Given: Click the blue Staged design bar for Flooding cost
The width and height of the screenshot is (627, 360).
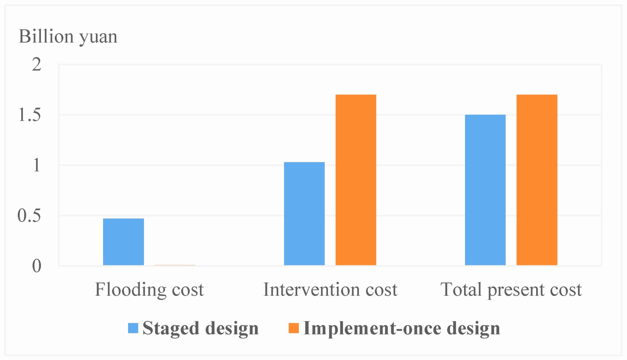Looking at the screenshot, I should pos(123,242).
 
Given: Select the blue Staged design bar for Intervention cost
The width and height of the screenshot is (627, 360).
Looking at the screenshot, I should pos(304,213).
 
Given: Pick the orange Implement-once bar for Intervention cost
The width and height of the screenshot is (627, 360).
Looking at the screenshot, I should pos(356,180).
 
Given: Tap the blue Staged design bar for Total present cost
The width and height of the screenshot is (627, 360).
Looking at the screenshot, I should pos(485,190).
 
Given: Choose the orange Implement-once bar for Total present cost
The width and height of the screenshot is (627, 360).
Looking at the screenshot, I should pos(537,180).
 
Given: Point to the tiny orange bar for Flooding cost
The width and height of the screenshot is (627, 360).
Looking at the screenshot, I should pos(175,265).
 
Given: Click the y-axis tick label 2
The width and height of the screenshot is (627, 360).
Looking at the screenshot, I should pos(36,65).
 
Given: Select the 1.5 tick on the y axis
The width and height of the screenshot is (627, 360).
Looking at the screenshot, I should pos(30,115).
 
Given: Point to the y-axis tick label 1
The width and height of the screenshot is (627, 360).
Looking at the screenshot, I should pos(36,165).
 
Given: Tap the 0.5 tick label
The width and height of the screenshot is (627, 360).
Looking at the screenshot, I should pos(29,216).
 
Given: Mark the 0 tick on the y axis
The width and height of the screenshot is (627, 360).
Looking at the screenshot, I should pos(36,266).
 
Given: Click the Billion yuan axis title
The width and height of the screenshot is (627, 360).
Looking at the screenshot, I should pos(68,37).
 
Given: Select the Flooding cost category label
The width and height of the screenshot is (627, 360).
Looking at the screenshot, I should pos(149,289).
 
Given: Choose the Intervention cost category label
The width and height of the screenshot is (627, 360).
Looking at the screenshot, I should pos(330,289).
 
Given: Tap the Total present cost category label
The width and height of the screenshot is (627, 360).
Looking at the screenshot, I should pos(511,289).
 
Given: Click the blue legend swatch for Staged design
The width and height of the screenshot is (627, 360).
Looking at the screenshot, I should pos(133,328).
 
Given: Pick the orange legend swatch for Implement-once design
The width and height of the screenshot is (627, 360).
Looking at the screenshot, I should pos(293,328).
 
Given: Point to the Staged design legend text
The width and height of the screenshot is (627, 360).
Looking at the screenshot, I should pos(200,328).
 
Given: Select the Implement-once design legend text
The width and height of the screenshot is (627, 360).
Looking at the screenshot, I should pos(401,328).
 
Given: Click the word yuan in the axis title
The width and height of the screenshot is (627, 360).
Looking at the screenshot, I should pos(98,37).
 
